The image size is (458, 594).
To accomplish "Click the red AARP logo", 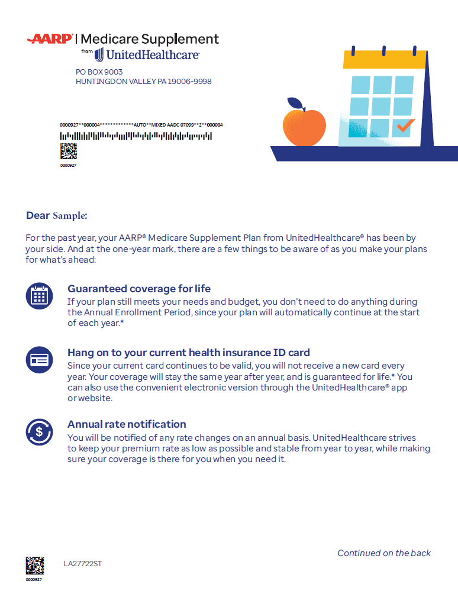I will (50, 39).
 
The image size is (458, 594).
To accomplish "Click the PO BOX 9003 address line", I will (99, 72).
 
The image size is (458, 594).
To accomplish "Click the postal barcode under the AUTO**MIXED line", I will (136, 136).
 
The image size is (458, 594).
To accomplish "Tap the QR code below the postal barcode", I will (69, 151).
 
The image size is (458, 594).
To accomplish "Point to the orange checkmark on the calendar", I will (405, 125).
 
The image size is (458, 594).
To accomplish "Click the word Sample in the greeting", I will (70, 216).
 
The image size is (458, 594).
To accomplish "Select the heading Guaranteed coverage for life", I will (139, 289).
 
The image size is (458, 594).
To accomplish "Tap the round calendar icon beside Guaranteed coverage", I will (40, 296).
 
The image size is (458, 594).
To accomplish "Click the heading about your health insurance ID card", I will (189, 353).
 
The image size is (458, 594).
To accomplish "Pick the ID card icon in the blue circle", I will (40, 359).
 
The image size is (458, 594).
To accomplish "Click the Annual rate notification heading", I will (127, 424).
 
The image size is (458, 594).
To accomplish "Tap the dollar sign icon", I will (40, 431).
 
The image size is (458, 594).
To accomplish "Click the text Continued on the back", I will (384, 553).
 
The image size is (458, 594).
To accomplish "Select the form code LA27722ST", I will (83, 564).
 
